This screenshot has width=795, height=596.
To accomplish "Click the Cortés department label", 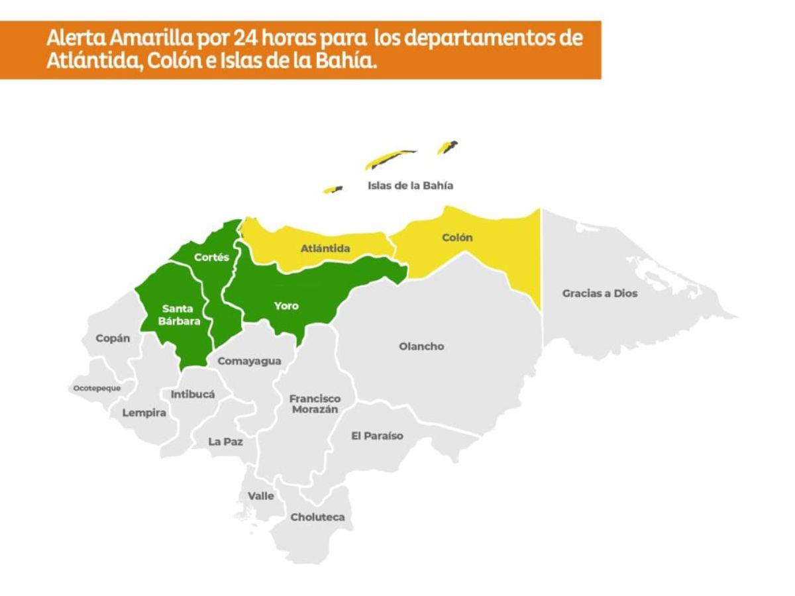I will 211,257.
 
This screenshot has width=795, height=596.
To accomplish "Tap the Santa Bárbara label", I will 178,315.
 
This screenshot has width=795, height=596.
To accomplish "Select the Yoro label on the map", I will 286,306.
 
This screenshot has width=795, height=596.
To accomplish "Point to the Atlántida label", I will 325,249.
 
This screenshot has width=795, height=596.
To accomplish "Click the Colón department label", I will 458,238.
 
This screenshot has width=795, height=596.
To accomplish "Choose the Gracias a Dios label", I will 600,293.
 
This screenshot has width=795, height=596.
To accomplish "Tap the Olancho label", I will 421,346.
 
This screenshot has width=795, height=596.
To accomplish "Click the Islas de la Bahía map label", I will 411,185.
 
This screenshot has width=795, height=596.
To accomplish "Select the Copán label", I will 113,338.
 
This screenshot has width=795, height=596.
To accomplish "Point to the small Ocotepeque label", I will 97,388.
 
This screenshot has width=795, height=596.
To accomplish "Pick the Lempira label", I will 144,413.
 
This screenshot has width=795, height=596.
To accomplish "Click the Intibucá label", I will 193,394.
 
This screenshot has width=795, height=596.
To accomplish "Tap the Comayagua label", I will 249,361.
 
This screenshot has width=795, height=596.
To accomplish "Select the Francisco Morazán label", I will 315,404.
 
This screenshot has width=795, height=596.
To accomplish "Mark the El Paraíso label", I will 376,436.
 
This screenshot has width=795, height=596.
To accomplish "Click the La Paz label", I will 225,441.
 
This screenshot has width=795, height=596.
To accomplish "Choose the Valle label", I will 260,495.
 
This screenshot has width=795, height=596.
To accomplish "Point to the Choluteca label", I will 317,517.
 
